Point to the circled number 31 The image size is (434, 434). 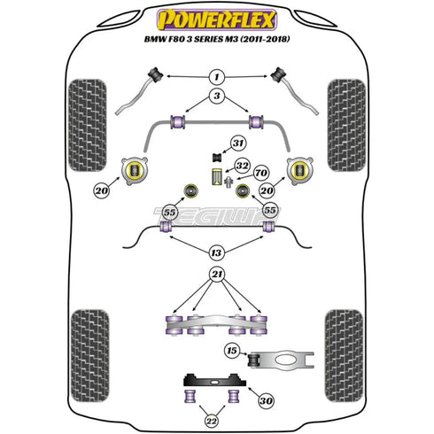click(237, 143)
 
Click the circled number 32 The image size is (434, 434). click(241, 166)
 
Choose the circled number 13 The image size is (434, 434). click(216, 250)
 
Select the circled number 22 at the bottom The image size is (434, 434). click(211, 419)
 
